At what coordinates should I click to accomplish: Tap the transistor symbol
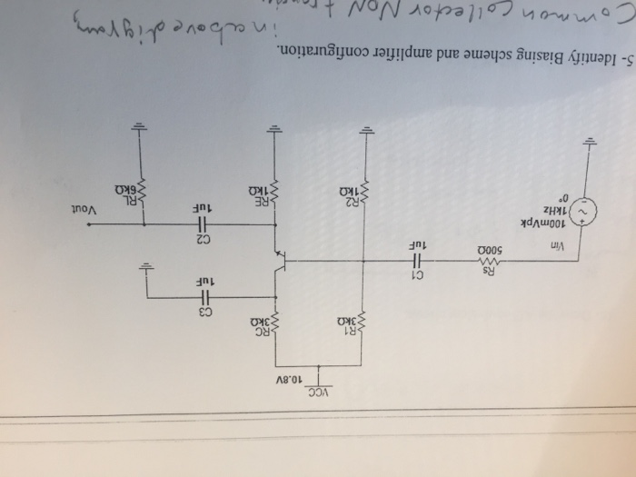point(282,261)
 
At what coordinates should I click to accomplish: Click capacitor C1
point(415,262)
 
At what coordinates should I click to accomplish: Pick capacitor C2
point(203,224)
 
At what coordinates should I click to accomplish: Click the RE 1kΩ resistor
point(274,191)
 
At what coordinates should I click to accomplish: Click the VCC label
point(321,393)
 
